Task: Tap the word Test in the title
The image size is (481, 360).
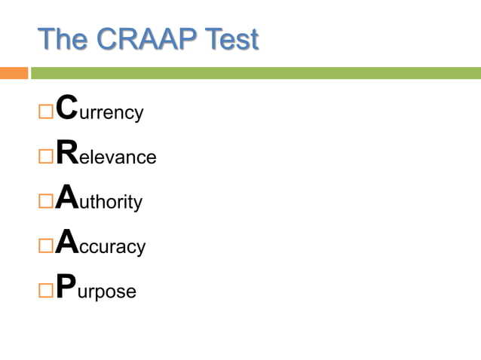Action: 231,38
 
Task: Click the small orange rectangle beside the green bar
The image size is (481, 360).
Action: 14,73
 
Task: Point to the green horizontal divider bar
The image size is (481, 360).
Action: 256,73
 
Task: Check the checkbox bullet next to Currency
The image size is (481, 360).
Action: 44,113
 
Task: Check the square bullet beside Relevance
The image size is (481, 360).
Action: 44,157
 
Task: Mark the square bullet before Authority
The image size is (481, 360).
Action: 44,202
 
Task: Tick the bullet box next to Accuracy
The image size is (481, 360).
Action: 44,246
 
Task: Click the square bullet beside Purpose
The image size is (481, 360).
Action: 44,291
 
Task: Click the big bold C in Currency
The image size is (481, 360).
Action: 67,108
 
